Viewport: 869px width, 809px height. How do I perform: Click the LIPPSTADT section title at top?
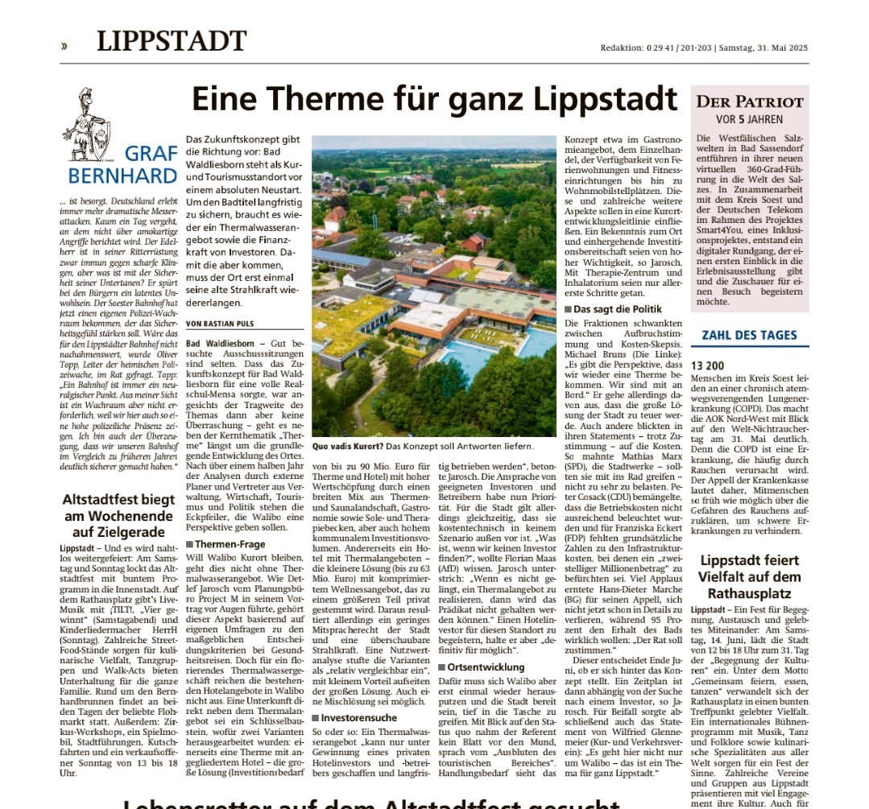[x=172, y=41]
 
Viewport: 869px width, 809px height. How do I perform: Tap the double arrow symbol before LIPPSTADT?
[x=64, y=46]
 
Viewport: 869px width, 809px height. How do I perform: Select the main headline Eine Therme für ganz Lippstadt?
[x=434, y=99]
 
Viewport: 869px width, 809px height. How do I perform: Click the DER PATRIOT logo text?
[x=749, y=102]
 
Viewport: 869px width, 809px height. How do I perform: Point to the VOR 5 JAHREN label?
[x=749, y=119]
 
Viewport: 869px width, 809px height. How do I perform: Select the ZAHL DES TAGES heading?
[x=749, y=335]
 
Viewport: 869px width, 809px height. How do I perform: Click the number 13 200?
[x=710, y=363]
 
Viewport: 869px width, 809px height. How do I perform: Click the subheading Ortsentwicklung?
[x=482, y=667]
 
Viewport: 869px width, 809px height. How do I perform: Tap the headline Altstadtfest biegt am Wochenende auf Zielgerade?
[x=118, y=515]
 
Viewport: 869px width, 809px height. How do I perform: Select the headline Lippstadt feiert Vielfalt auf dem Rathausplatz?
[x=749, y=576]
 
